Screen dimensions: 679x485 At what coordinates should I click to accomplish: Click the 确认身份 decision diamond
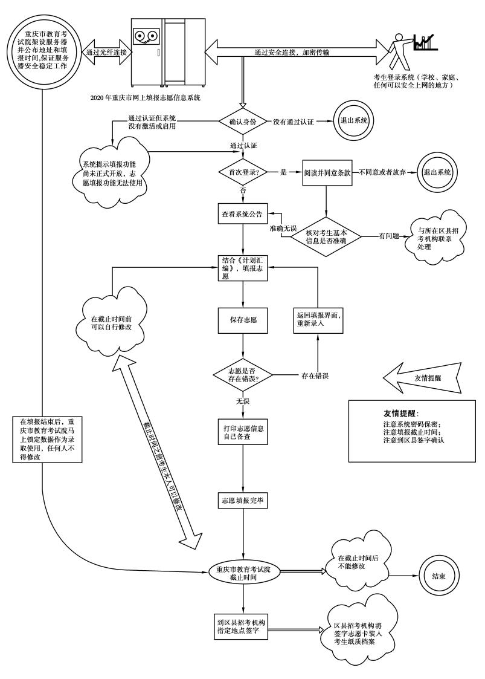click(243, 122)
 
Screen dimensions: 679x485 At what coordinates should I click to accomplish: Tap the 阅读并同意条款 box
click(327, 172)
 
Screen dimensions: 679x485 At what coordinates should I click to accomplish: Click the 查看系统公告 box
click(243, 214)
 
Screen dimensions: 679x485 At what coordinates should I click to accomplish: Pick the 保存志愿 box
click(243, 319)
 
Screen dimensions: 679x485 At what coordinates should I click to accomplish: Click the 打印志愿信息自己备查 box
click(243, 431)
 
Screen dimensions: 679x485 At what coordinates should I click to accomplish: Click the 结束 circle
click(438, 576)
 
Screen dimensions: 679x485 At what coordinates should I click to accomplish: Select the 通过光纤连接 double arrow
click(107, 53)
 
